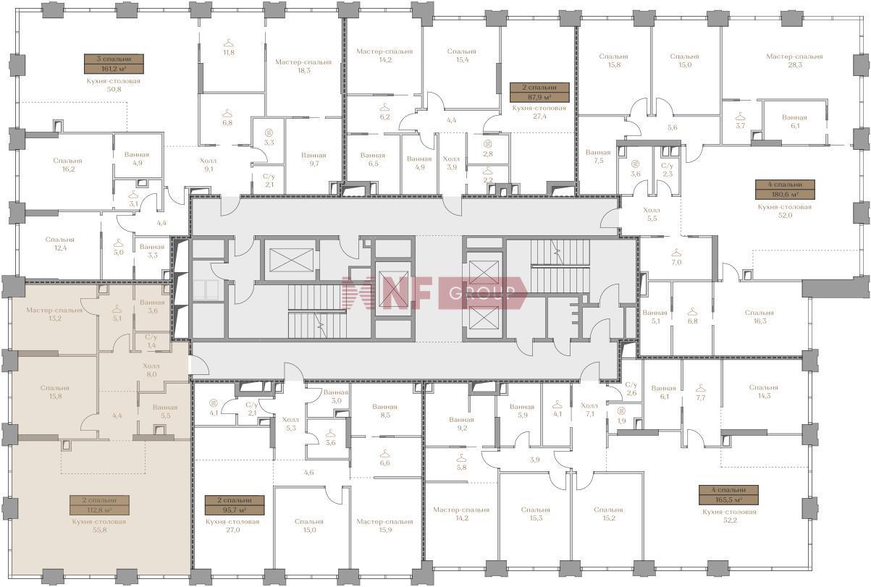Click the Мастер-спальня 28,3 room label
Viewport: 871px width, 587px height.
pyautogui.click(x=794, y=61)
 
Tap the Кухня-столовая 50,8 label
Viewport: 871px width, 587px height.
pyautogui.click(x=114, y=85)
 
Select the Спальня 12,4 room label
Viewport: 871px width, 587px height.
pyautogui.click(x=60, y=244)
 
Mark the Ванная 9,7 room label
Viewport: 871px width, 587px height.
pyautogui.click(x=314, y=159)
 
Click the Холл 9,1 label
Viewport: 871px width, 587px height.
pyautogui.click(x=209, y=165)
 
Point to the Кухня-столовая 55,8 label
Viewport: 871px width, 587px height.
pyautogui.click(x=99, y=525)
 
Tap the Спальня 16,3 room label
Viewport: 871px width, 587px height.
pyautogui.click(x=760, y=317)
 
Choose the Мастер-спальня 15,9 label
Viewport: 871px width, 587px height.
pyautogui.click(x=385, y=525)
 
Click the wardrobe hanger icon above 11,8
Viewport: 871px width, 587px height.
pyautogui.click(x=229, y=43)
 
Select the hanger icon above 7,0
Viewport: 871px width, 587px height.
pyautogui.click(x=676, y=253)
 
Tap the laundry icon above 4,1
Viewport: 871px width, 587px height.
pyautogui.click(x=213, y=402)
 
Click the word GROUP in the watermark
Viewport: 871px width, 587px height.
pyautogui.click(x=482, y=292)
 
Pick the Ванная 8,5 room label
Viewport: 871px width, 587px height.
pyautogui.click(x=384, y=411)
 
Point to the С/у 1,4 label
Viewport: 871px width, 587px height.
pyautogui.click(x=151, y=342)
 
